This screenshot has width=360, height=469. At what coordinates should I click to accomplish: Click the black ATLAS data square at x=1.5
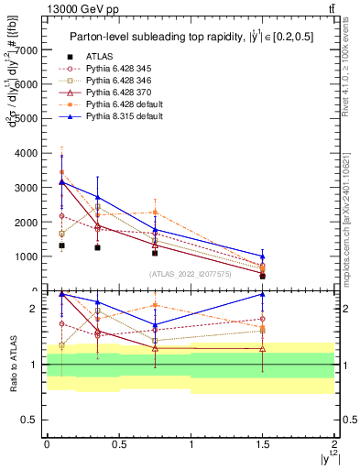click(x=262, y=276)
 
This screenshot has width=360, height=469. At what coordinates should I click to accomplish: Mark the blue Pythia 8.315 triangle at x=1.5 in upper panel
click(x=262, y=256)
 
